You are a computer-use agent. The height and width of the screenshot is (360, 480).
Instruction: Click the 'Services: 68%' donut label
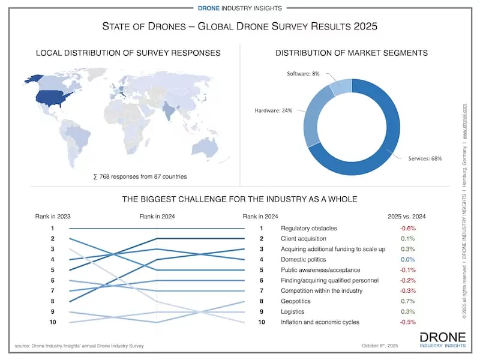coord(425,159)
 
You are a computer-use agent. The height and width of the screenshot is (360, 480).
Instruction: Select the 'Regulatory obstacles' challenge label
coord(308,228)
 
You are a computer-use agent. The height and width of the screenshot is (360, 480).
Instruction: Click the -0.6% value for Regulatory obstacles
coord(408,228)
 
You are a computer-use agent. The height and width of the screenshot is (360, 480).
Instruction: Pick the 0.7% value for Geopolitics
coord(408,301)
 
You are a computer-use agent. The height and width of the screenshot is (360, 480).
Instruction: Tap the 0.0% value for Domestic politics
coord(408,259)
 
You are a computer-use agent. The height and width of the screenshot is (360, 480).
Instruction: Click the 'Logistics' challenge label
coord(292,311)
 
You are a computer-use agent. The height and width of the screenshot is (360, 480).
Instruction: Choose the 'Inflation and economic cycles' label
coord(320,322)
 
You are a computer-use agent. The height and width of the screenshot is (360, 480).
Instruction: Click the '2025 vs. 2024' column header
coord(408,216)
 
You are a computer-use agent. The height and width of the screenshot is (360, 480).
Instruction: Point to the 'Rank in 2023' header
coord(53,216)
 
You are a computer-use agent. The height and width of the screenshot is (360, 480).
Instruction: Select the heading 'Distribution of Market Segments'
coord(352,53)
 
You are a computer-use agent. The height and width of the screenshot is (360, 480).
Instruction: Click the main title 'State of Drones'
coord(240,26)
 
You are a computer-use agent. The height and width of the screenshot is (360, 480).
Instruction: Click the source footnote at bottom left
coord(79,346)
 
